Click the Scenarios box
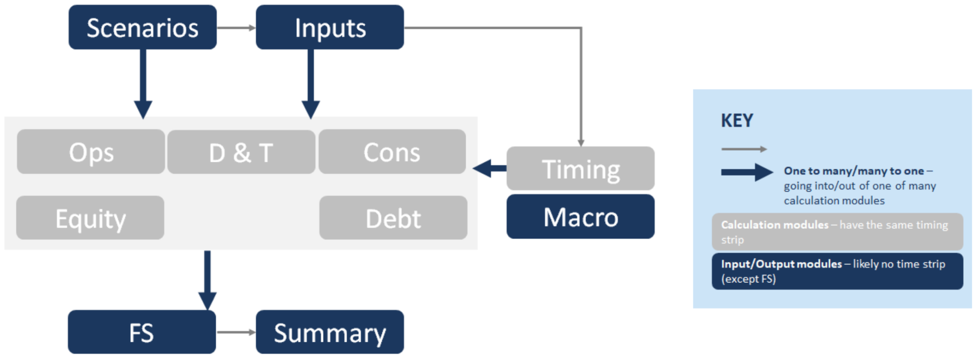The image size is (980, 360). pos(143,27)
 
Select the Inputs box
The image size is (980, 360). pos(330,27)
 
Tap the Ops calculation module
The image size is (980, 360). pos(91,152)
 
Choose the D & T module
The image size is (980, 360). pos(241,152)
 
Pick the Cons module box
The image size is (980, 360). pos(392,152)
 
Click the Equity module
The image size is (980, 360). pos(90,218)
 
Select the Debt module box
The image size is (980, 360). pos(393,218)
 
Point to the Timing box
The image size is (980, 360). pos(580,169)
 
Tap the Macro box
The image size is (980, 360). pos(580,217)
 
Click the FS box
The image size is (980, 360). pos(142,332)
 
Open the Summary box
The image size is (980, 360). pos(330,332)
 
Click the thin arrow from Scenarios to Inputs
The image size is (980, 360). pos(236,28)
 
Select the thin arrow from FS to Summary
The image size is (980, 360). pos(236,332)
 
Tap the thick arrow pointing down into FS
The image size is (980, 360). pos(207,280)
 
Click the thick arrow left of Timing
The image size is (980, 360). pos(490,169)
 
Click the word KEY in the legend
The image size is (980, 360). pos(737,120)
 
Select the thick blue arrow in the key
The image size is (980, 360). pos(746,172)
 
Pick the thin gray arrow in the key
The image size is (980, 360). pos(744,149)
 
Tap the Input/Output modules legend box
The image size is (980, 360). pos(837,271)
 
